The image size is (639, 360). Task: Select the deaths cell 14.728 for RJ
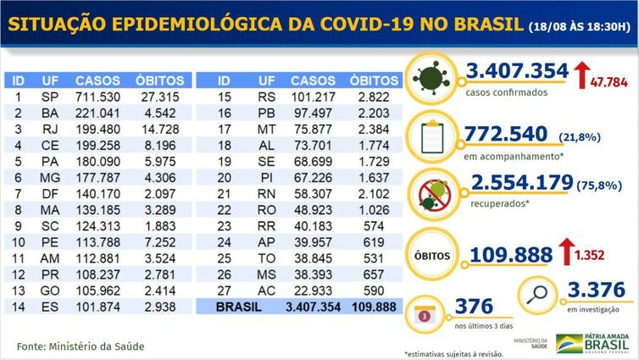(153, 130)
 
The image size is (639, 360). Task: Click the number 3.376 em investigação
(596, 289)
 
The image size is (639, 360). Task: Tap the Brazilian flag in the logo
(569, 343)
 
